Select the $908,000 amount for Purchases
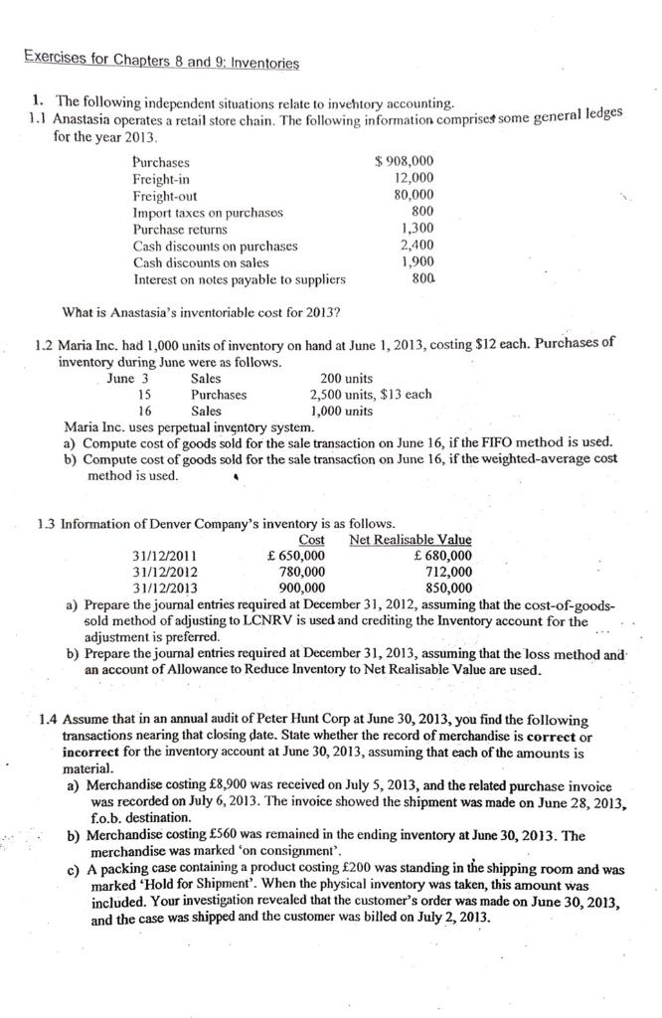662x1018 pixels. (404, 161)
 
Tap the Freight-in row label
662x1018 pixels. (161, 178)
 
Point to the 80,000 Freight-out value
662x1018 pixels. (414, 195)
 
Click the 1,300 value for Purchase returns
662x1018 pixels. (417, 229)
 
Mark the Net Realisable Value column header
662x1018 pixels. (411, 540)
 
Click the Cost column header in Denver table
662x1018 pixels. (311, 540)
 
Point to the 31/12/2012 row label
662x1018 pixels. (164, 572)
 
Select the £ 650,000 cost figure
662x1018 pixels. (296, 556)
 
